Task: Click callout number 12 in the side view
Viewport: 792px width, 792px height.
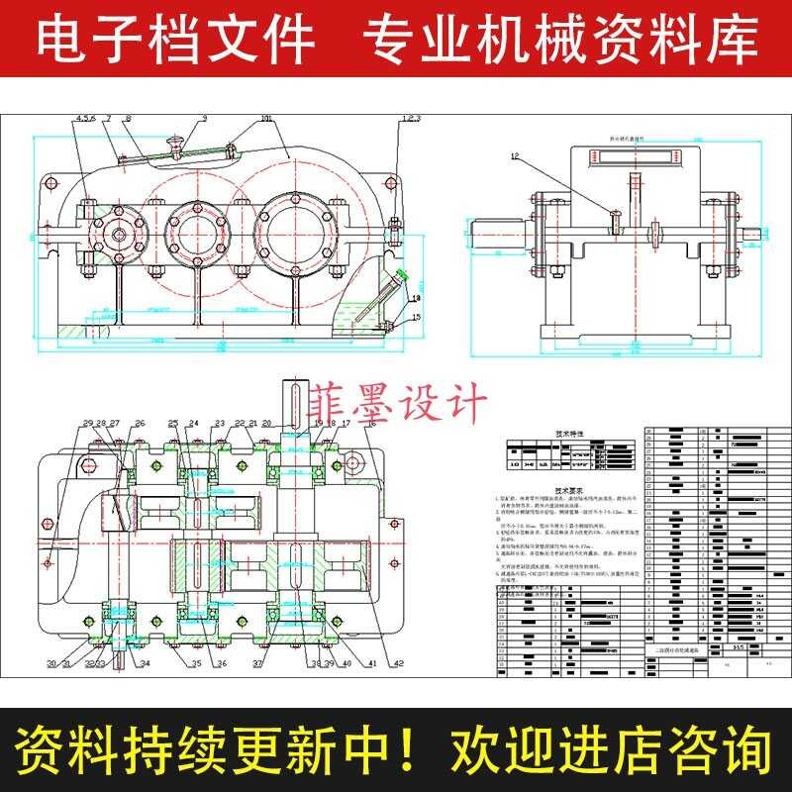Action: coord(515,156)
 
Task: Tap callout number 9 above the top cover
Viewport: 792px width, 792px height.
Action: coord(204,119)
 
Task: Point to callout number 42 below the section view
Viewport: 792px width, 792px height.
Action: coord(398,664)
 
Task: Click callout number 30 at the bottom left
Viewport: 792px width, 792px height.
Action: coord(50,663)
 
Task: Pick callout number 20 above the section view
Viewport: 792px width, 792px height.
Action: coord(266,423)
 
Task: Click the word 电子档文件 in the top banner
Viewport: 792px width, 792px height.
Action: coord(174,39)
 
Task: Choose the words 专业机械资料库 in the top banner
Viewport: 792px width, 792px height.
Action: coord(560,39)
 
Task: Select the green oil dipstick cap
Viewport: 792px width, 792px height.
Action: coord(401,276)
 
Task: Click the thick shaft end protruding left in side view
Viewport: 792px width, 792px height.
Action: coord(491,236)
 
